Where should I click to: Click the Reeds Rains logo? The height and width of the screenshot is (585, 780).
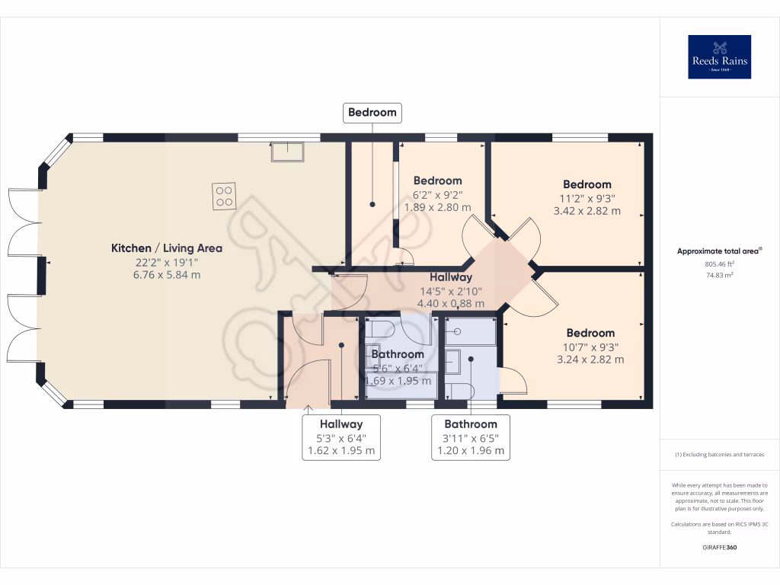(719, 57)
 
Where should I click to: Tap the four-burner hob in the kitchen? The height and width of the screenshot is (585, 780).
(224, 196)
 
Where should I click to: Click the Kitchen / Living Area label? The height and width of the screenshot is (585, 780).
(167, 248)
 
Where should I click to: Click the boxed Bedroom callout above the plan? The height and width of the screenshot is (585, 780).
(372, 113)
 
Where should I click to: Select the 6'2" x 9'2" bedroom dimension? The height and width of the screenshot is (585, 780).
(437, 194)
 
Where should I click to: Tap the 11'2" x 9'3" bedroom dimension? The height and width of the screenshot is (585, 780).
(587, 198)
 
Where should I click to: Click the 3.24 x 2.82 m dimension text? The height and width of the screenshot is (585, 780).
(590, 360)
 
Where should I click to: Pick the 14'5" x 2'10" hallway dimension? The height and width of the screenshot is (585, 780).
(450, 290)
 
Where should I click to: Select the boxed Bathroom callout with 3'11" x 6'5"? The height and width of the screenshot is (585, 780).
(471, 437)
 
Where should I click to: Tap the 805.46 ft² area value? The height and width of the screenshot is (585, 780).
(719, 264)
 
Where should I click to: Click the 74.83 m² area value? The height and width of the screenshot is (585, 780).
(719, 277)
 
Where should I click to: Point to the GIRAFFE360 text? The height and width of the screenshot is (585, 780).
(719, 547)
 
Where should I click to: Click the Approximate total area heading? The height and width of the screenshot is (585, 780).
(719, 251)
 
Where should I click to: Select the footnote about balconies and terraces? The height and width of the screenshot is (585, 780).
(719, 455)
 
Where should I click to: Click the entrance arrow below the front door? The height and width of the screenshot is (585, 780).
(308, 412)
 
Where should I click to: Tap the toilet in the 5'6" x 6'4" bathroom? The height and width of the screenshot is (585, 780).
(379, 329)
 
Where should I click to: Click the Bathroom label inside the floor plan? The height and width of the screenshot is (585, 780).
(398, 354)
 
